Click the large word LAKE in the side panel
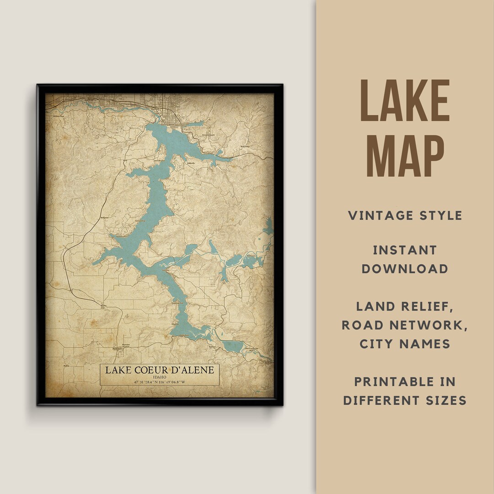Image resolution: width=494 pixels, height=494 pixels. tap(405, 102)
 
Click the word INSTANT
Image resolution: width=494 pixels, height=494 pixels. tap(405, 250)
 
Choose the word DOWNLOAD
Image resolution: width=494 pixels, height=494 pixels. tap(405, 268)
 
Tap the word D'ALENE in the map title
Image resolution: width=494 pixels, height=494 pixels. tap(191, 370)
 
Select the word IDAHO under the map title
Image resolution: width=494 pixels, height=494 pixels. tap(160, 377)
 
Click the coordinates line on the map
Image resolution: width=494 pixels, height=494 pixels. tap(160, 382)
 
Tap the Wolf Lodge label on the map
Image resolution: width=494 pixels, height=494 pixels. tap(246, 147)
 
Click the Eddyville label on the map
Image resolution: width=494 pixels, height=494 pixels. tap(191, 163)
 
